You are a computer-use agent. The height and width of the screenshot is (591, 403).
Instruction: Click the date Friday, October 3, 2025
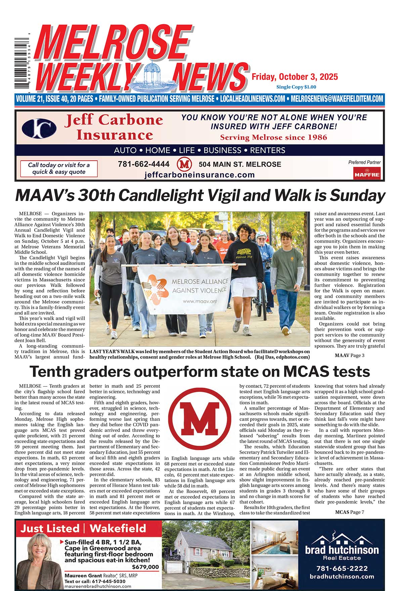(x=295, y=77)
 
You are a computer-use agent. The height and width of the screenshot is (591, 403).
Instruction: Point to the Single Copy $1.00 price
(x=296, y=87)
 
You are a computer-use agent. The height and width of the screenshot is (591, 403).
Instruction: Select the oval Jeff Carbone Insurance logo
(x=39, y=128)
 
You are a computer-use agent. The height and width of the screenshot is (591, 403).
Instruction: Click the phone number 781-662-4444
(x=143, y=164)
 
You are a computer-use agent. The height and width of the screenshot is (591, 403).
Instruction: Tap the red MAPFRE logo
(x=367, y=174)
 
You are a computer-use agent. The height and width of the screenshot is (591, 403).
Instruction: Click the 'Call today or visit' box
(x=59, y=168)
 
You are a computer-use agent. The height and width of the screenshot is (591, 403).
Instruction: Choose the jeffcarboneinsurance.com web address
(x=199, y=175)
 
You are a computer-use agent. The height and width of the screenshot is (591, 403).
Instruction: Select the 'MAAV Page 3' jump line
(x=349, y=355)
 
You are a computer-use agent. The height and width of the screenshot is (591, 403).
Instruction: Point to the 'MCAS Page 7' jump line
(x=349, y=512)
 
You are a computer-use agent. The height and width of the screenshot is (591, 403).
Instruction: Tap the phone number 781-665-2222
(x=342, y=569)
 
